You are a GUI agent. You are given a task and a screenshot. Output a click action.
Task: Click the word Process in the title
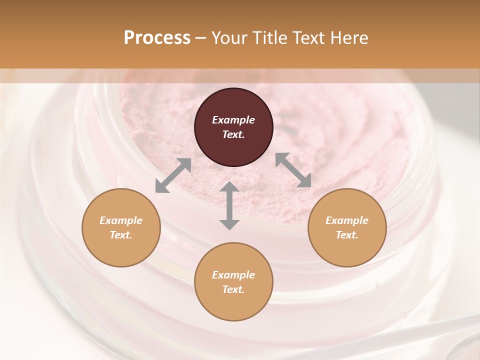coord(157,38)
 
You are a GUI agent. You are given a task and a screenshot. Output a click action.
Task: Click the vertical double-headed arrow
coord(229,205)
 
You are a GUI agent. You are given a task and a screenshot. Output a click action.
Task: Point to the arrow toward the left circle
coord(173,175)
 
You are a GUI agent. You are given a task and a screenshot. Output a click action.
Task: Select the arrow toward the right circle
coord(293,170)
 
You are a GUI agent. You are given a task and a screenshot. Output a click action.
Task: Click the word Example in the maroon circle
coord(233,120)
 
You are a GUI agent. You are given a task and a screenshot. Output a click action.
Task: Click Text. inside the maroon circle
coord(233,134)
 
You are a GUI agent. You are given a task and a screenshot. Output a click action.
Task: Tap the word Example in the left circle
coord(121,220)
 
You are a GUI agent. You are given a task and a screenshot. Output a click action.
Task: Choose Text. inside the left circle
coord(121,235)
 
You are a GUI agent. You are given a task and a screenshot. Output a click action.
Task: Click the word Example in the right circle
coord(347,220)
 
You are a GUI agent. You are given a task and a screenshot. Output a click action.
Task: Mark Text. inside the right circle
coord(347,235)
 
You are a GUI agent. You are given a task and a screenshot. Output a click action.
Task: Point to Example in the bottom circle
coord(233,275)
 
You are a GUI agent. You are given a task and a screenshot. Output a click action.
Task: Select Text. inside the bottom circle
coord(233,289)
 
